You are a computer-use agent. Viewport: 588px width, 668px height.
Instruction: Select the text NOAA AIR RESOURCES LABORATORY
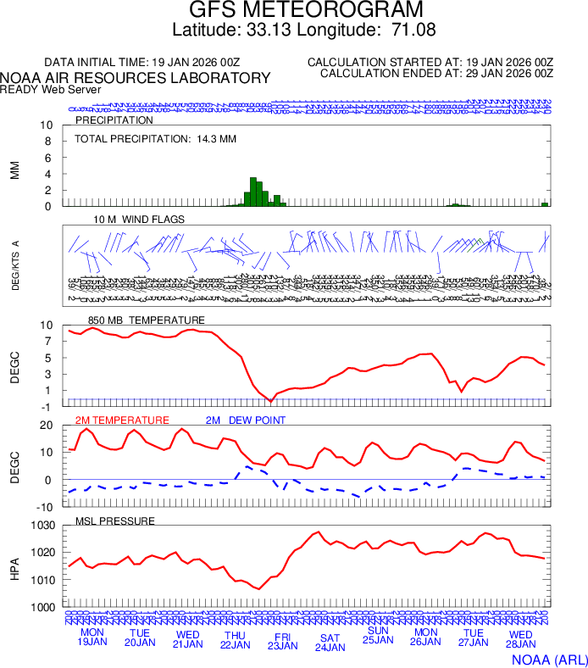(x=136, y=78)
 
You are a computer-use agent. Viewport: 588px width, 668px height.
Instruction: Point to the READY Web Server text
(x=51, y=89)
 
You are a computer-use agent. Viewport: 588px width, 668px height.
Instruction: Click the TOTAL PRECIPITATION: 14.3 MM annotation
(x=154, y=138)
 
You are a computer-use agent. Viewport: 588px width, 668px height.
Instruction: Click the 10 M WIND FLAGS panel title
(x=139, y=220)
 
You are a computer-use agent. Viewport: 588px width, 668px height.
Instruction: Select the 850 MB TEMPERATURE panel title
(x=147, y=320)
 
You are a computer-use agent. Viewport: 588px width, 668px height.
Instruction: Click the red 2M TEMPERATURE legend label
(x=122, y=420)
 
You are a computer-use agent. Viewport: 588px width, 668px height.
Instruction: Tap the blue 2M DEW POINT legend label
(x=245, y=420)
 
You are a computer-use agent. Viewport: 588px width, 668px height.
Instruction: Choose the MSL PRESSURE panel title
(x=115, y=520)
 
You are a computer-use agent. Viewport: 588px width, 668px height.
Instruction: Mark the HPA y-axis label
(x=15, y=566)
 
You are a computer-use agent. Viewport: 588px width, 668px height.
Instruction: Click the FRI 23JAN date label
(x=282, y=641)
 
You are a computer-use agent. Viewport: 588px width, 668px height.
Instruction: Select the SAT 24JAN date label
(x=330, y=643)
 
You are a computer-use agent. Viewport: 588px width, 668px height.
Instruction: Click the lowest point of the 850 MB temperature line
(x=270, y=400)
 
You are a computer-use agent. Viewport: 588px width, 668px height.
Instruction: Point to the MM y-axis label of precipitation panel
(x=15, y=170)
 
